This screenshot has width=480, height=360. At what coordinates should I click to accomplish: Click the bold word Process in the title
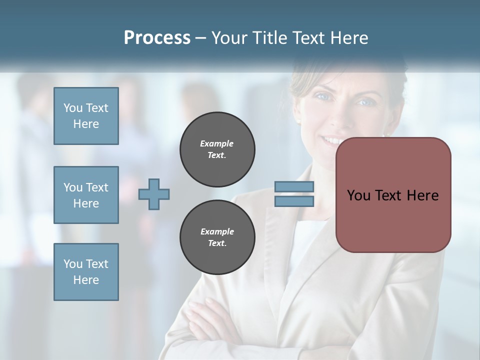(x=157, y=38)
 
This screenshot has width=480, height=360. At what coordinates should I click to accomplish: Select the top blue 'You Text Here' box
(x=86, y=116)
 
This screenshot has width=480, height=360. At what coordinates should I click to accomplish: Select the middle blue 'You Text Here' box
(x=86, y=195)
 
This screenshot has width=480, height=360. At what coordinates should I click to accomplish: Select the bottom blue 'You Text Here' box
(x=86, y=272)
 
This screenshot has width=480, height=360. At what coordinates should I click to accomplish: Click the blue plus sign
(x=154, y=194)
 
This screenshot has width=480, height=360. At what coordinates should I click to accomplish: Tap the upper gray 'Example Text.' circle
(x=217, y=149)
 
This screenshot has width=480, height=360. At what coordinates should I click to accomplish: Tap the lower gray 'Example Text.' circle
(x=217, y=237)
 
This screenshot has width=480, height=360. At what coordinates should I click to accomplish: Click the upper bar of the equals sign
(x=294, y=187)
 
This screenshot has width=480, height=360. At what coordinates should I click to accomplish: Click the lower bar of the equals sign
(x=294, y=201)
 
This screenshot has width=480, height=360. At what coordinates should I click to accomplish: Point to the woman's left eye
(x=366, y=102)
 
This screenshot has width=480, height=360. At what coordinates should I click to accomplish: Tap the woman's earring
(x=299, y=121)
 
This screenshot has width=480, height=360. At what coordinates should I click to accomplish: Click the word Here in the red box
(x=422, y=195)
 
